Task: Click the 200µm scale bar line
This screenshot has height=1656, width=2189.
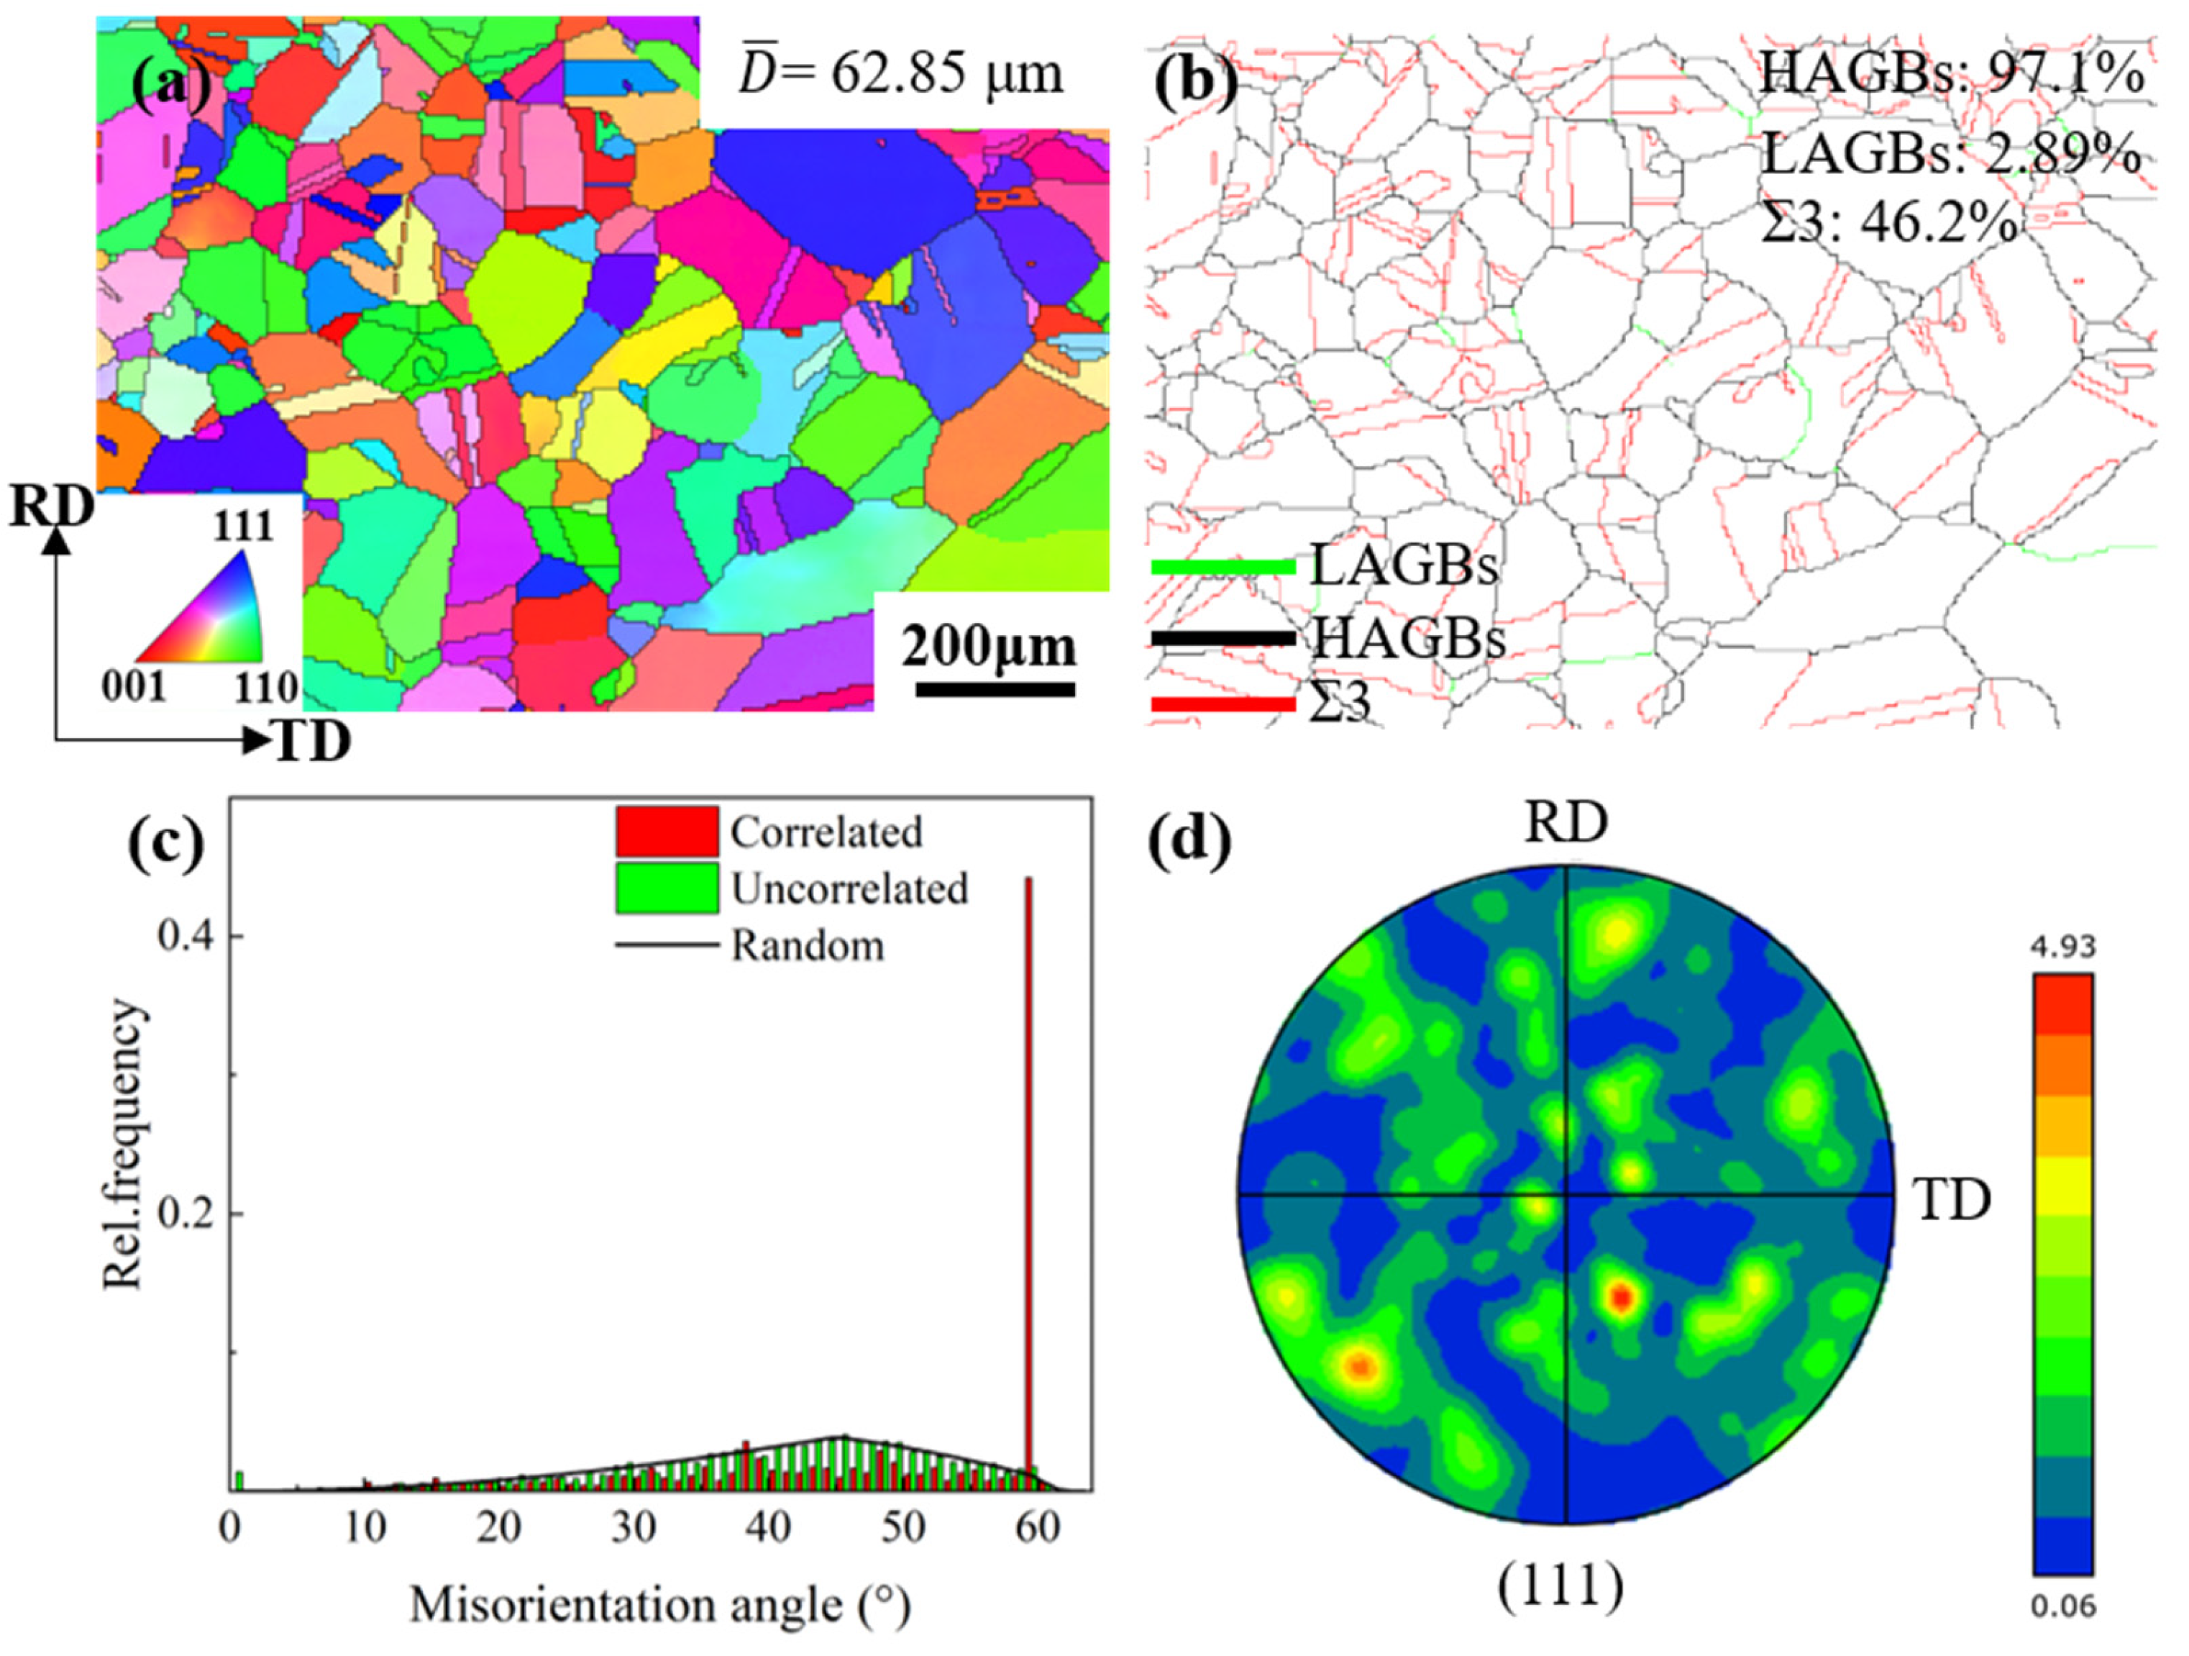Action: [x=995, y=689]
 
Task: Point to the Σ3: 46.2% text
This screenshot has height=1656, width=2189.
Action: [x=1889, y=224]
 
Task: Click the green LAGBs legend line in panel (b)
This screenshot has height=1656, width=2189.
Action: [x=1223, y=567]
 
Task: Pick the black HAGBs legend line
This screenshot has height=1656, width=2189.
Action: [x=1223, y=639]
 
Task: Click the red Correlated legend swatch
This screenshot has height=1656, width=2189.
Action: [x=666, y=832]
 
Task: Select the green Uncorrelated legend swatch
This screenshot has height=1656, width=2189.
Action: [x=666, y=888]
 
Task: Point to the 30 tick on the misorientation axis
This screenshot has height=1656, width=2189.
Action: [x=634, y=1527]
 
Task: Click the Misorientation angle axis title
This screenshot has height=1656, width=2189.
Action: [x=660, y=1603]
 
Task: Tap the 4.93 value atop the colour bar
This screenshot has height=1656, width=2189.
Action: [x=2062, y=947]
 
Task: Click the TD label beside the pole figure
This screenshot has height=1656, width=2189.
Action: [x=1950, y=1201]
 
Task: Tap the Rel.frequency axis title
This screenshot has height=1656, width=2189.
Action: [x=127, y=1145]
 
